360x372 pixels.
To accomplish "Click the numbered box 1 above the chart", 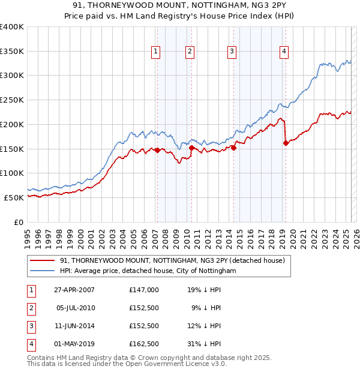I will pyautogui.click(x=155, y=52).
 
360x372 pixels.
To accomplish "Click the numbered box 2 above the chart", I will pyautogui.click(x=190, y=52).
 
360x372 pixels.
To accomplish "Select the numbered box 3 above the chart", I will pyautogui.click(x=232, y=52).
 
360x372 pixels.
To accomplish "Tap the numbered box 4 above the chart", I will pyautogui.click(x=283, y=52).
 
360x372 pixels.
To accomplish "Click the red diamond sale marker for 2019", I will pyautogui.click(x=286, y=143).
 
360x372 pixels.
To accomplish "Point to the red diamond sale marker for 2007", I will pyautogui.click(x=157, y=151).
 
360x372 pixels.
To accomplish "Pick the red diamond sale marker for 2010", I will pyautogui.click(x=191, y=148).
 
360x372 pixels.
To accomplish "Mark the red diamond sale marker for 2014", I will pyautogui.click(x=233, y=148).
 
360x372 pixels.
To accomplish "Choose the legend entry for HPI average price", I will pyautogui.click(x=148, y=271).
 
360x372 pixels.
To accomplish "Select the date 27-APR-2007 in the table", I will pyautogui.click(x=74, y=290).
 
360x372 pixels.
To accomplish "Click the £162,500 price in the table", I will pyautogui.click(x=144, y=344).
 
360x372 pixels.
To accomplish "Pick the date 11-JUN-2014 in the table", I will pyautogui.click(x=74, y=326).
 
